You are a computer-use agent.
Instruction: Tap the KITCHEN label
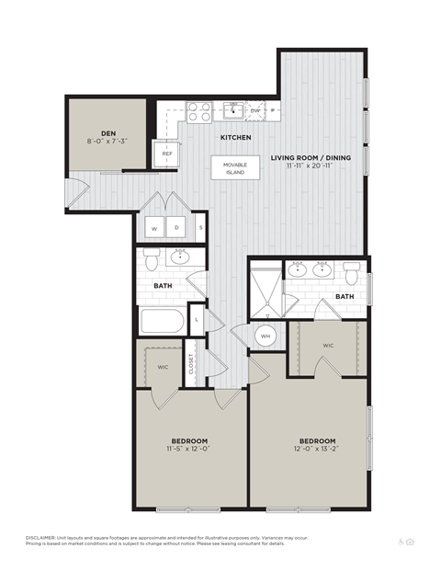pyautogui.click(x=235, y=138)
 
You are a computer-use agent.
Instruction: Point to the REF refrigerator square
pyautogui.click(x=167, y=154)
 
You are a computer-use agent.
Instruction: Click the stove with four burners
pyautogui.click(x=198, y=112)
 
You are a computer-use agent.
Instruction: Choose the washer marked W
pyautogui.click(x=154, y=227)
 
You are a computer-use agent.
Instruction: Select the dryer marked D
pyautogui.click(x=177, y=227)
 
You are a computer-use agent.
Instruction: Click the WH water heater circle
pyautogui.click(x=266, y=337)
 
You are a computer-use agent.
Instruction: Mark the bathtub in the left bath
pyautogui.click(x=163, y=324)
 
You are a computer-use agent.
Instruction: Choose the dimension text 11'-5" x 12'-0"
pyautogui.click(x=188, y=451)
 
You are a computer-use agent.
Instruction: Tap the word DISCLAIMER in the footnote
pyautogui.click(x=40, y=536)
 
